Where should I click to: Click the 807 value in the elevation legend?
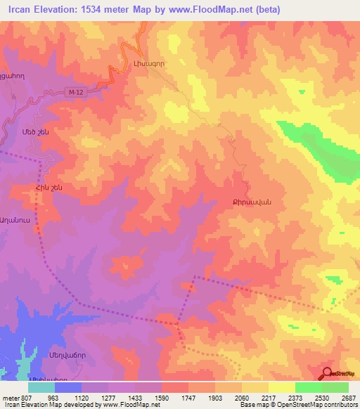[27, 397]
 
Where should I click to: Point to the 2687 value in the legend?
[349, 397]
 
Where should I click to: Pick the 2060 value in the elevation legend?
[243, 397]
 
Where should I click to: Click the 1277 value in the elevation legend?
[109, 397]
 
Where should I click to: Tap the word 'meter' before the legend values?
[10, 397]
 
